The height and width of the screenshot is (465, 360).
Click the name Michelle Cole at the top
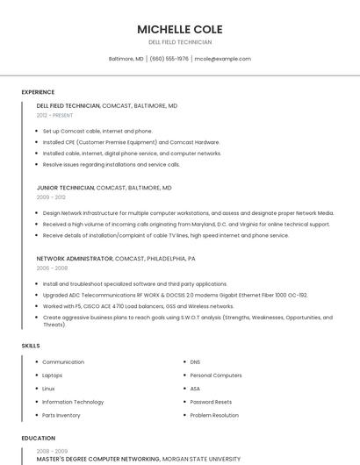(x=180, y=28)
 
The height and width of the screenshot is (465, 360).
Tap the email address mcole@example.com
(x=222, y=59)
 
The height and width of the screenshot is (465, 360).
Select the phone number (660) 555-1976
(x=169, y=59)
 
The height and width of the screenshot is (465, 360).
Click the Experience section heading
(x=38, y=92)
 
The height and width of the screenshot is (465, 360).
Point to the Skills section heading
(x=31, y=346)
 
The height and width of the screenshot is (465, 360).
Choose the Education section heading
(x=38, y=438)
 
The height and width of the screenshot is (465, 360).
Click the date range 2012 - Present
(x=54, y=115)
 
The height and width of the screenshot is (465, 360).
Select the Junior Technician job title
(x=65, y=188)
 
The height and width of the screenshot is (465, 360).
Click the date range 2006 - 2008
(x=53, y=268)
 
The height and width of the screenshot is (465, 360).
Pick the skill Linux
(x=48, y=389)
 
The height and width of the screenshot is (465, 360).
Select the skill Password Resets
(x=211, y=402)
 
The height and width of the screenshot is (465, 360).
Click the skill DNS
(x=195, y=361)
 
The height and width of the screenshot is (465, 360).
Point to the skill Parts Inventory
(x=61, y=415)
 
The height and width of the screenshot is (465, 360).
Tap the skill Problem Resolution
(x=214, y=415)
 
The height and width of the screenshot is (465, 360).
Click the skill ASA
(x=195, y=389)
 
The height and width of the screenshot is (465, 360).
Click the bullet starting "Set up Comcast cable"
(x=97, y=131)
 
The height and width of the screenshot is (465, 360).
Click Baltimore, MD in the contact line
(x=126, y=59)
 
